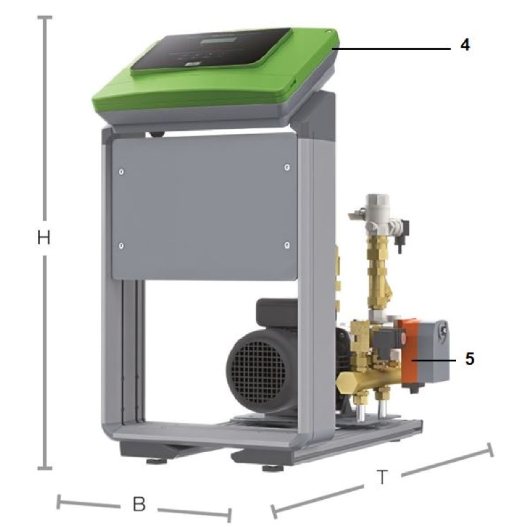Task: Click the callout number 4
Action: coord(465,44)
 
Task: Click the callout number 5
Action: coord(469,358)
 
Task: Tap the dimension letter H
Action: coord(44,238)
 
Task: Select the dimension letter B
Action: coord(139,504)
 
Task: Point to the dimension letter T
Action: coord(382,477)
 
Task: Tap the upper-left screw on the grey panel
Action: coord(121,172)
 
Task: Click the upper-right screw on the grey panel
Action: coord(287,167)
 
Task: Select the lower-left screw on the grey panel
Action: coord(121,246)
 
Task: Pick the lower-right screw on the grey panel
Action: coord(287,245)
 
